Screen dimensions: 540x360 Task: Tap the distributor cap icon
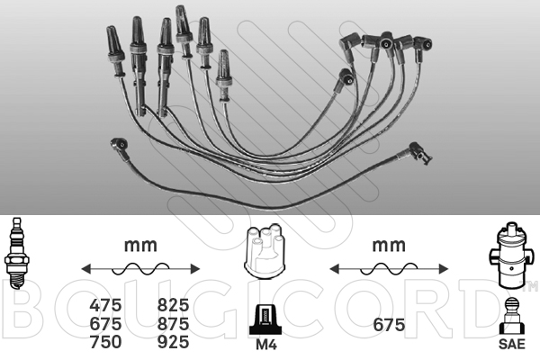[265, 250]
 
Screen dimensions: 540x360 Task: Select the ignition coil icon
[510, 256]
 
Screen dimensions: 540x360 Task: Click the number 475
[105, 305]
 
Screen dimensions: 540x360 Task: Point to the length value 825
[173, 305]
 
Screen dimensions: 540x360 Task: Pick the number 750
[105, 342]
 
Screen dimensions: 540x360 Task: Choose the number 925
[173, 342]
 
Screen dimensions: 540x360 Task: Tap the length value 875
[173, 324]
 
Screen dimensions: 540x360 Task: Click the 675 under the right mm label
[389, 325]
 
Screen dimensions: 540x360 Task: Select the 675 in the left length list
[105, 324]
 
